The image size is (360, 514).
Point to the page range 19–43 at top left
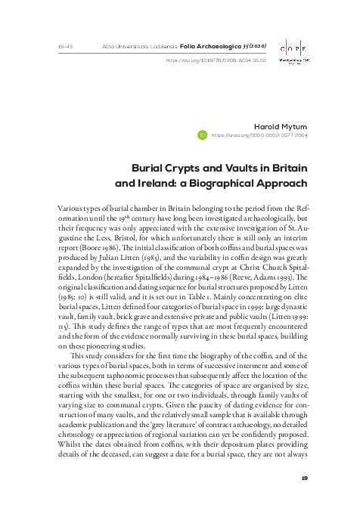click(x=65, y=47)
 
